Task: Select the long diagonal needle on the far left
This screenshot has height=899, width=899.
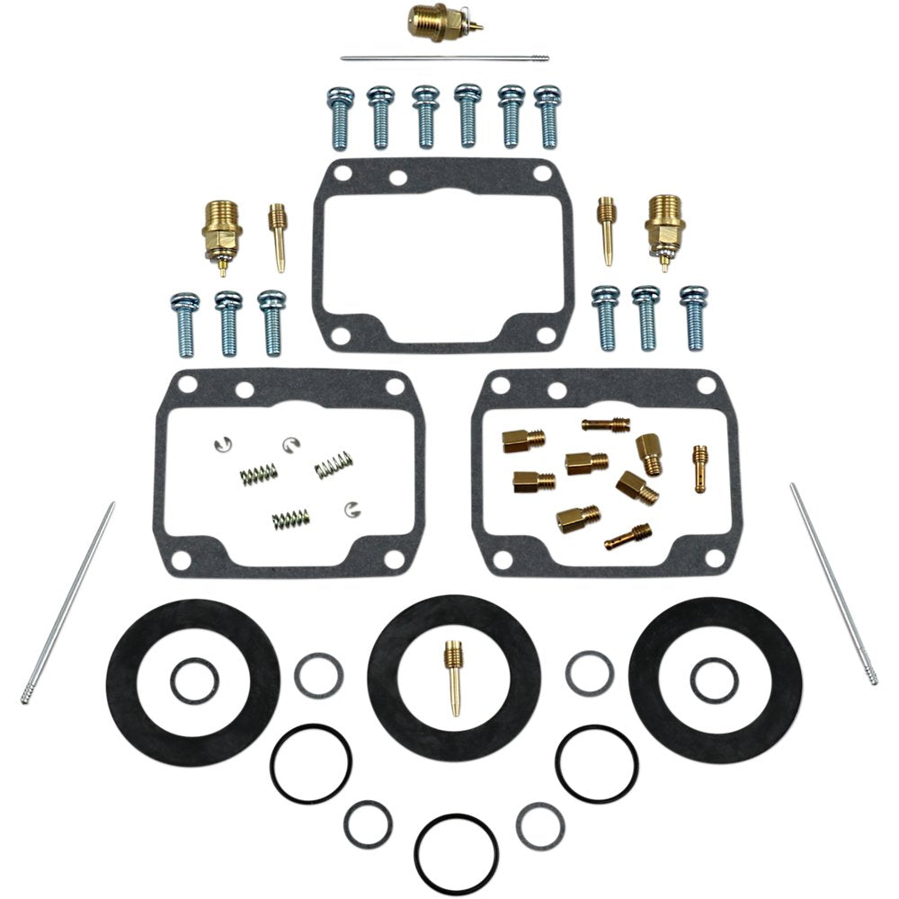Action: [x=68, y=601]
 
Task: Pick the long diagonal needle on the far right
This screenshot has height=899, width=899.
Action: [x=832, y=583]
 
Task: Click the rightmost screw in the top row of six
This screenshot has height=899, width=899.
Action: [x=547, y=117]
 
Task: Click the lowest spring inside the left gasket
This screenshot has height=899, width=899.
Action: [x=290, y=519]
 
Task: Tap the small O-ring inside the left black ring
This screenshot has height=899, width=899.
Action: [x=194, y=681]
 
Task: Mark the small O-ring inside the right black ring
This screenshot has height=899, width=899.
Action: [x=714, y=681]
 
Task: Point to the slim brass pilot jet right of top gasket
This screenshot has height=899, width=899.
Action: [x=607, y=230]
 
